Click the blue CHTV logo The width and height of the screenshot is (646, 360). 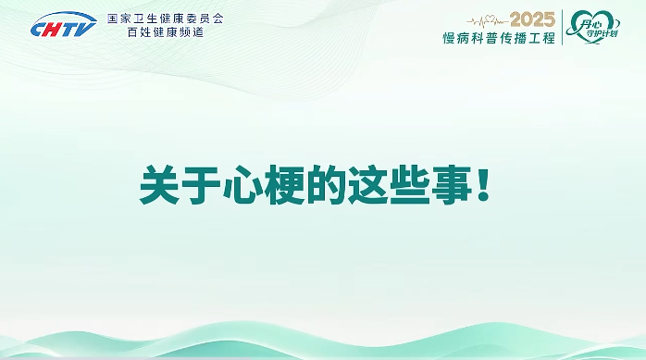click(63, 28)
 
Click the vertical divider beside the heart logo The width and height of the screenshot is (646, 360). click(563, 27)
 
